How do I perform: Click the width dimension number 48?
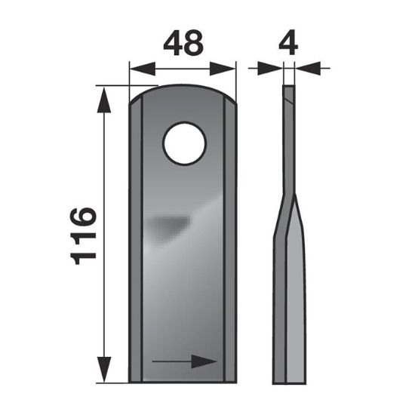(183, 42)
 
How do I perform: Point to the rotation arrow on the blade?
(184, 361)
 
